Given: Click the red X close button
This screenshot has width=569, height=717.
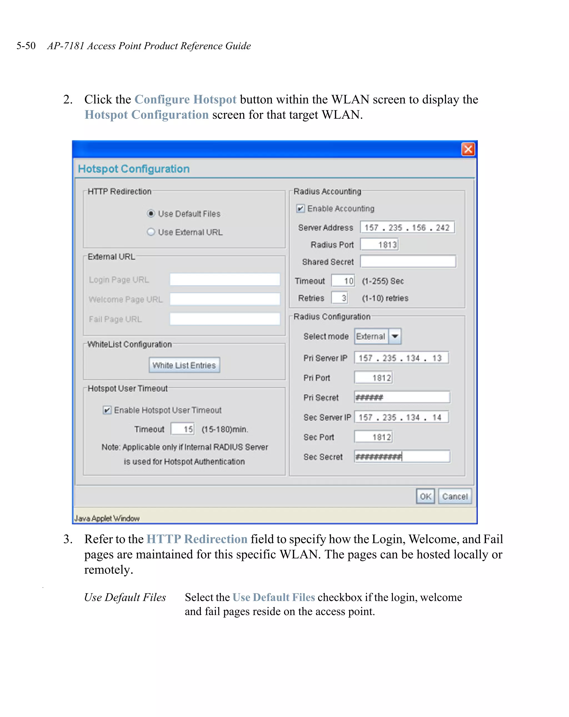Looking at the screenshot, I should [x=468, y=149].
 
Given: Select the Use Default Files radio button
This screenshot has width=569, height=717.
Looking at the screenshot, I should [x=151, y=214].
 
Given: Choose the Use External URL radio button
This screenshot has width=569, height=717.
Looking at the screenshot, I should [x=151, y=232].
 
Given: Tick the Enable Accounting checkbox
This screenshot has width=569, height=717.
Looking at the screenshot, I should [x=300, y=209].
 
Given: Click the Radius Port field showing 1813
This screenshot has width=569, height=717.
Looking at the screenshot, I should [x=379, y=245].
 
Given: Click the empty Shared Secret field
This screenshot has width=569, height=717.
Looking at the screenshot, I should [x=408, y=262].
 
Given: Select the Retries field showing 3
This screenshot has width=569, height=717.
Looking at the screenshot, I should [x=339, y=298].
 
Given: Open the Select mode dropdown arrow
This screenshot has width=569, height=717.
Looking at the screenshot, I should [x=395, y=336].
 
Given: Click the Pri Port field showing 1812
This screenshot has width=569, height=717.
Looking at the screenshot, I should [x=373, y=378].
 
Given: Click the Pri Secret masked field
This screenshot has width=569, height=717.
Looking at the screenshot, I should [x=402, y=397].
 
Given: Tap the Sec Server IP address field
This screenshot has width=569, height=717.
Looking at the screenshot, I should [x=401, y=417].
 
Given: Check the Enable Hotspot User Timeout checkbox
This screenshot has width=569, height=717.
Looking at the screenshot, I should [x=107, y=410].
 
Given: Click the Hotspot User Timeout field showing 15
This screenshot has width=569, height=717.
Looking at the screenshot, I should [x=183, y=429].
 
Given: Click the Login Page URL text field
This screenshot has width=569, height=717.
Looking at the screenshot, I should [x=225, y=280].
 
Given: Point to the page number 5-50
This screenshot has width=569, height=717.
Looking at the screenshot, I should [x=26, y=46].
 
